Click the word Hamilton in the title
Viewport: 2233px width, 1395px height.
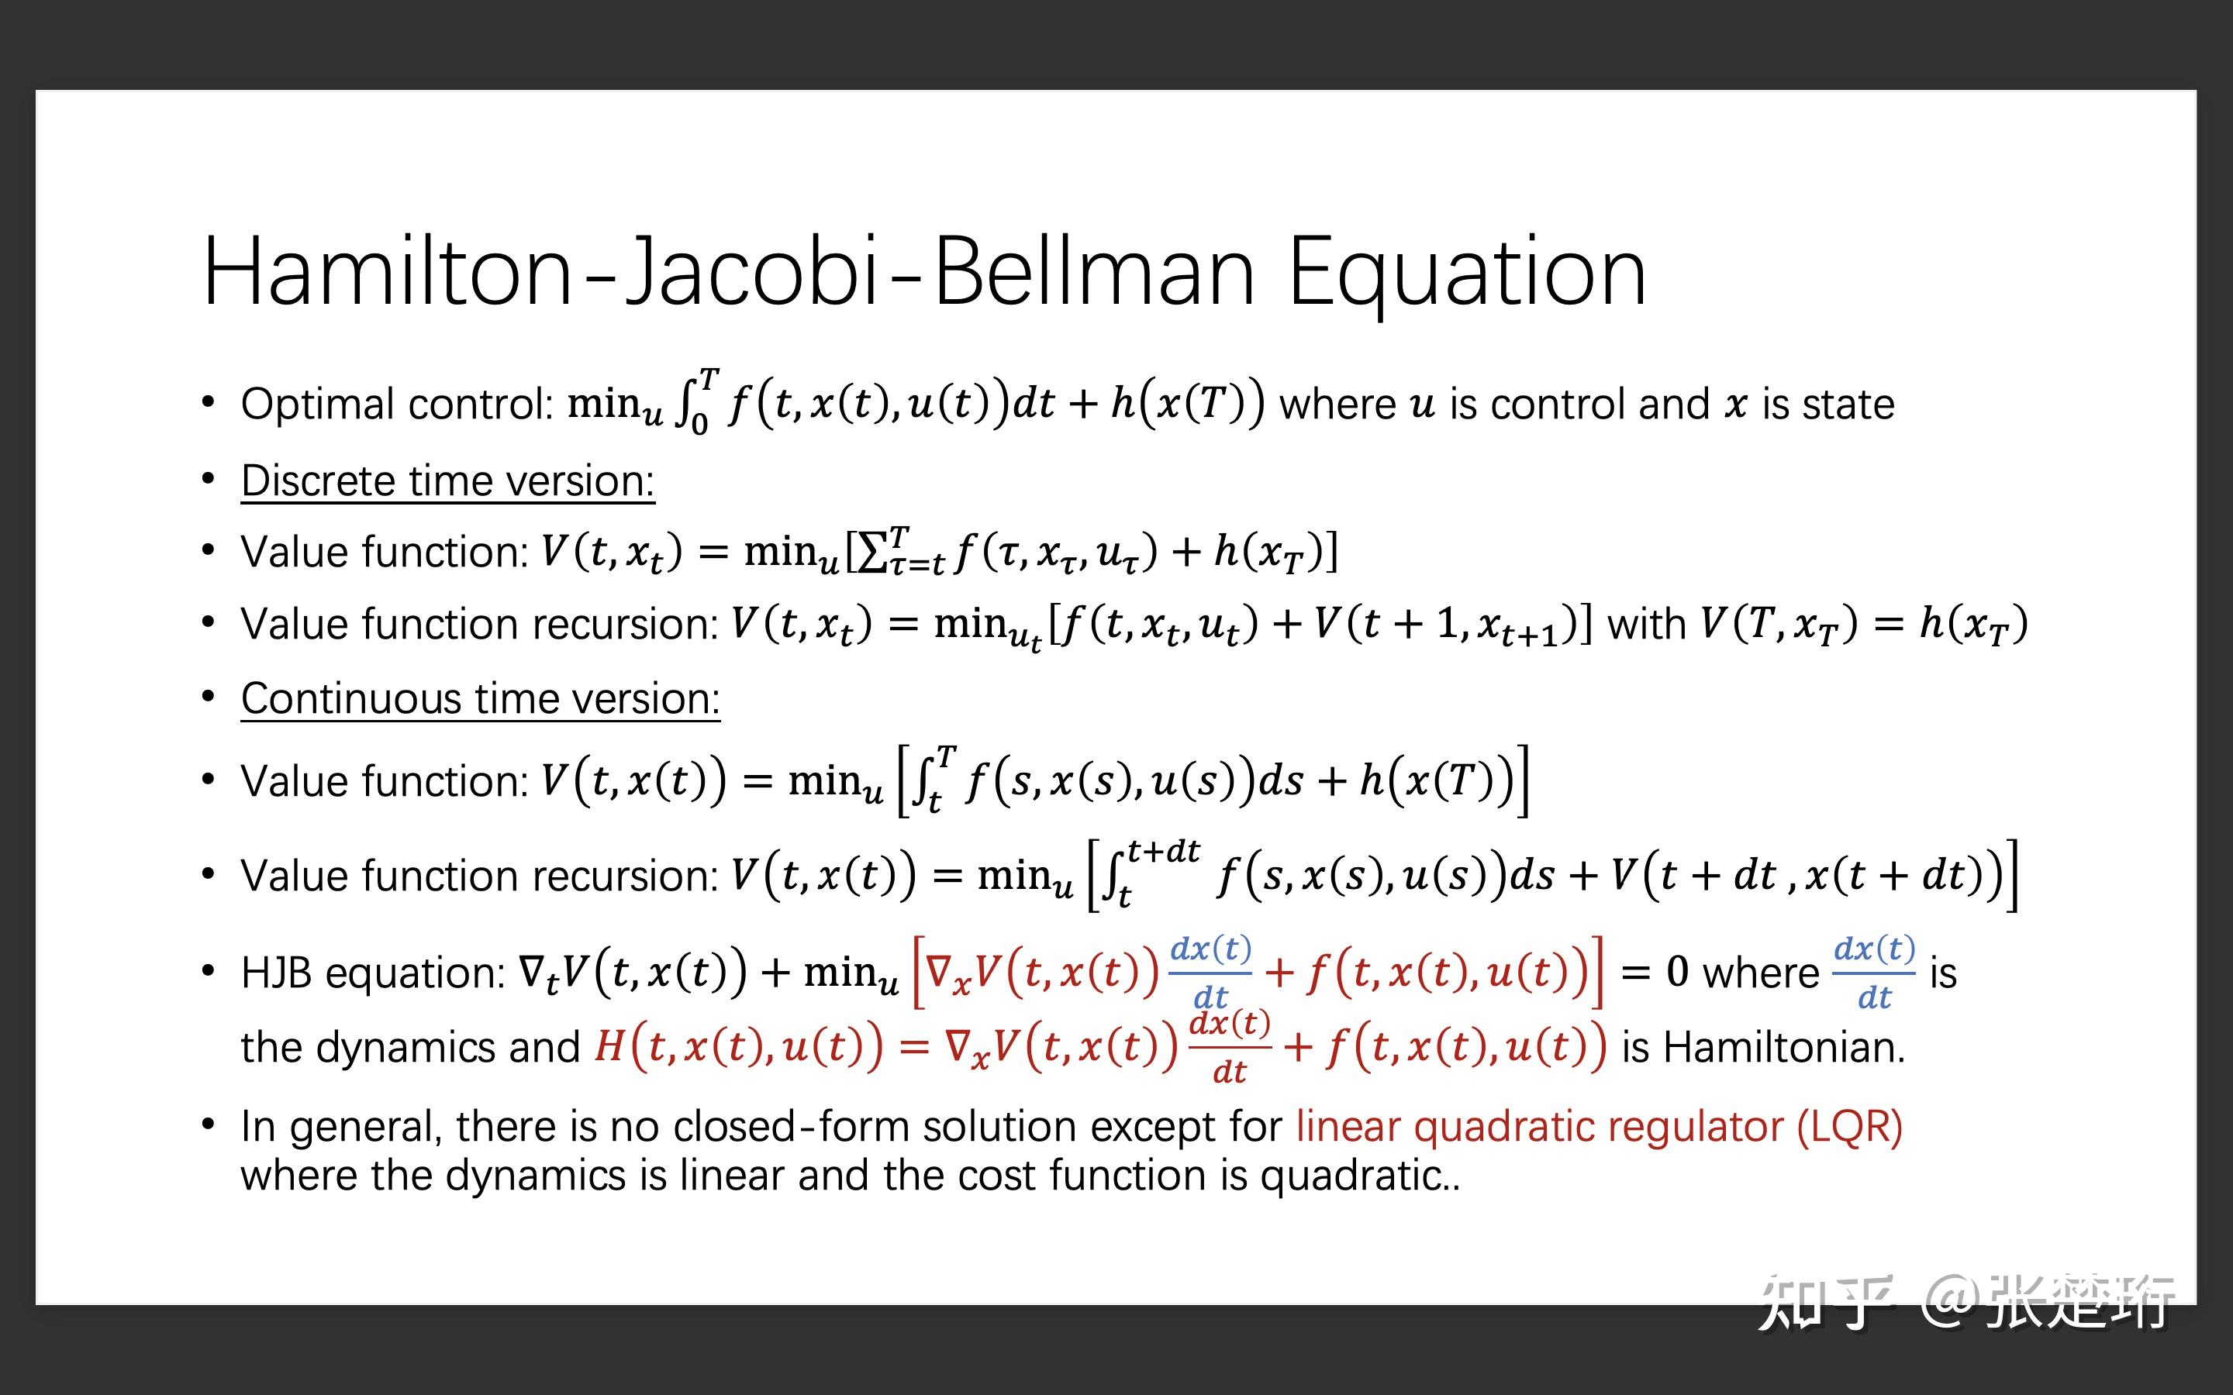(388, 272)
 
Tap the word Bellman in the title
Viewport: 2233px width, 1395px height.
(1094, 272)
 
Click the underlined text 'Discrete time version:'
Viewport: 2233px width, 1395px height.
(447, 480)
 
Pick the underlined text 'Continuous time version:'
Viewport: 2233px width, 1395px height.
(480, 698)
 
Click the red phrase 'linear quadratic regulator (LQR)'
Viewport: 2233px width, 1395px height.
(1599, 1127)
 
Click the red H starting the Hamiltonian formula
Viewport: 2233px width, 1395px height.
(609, 1047)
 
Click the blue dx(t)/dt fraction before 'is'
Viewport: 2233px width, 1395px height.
(1874, 973)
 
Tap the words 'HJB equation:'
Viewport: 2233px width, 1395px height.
(373, 973)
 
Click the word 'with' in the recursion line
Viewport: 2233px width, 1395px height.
(1646, 625)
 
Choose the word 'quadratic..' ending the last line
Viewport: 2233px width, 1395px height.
(1360, 1176)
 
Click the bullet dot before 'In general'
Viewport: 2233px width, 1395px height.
(209, 1125)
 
